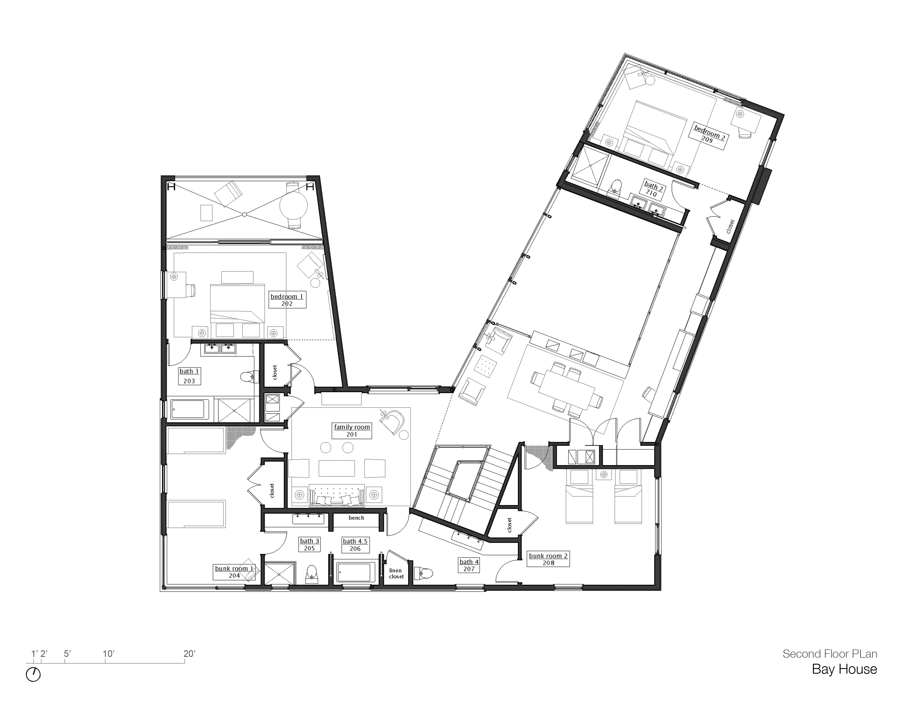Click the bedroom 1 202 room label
click(287, 300)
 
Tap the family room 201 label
click(352, 431)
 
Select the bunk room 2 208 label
click(548, 559)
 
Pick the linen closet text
click(396, 573)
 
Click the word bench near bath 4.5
click(356, 518)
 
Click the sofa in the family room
click(337, 496)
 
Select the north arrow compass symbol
click(33, 674)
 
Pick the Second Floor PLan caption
click(829, 654)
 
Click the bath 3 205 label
click(309, 544)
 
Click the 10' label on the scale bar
click(108, 654)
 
